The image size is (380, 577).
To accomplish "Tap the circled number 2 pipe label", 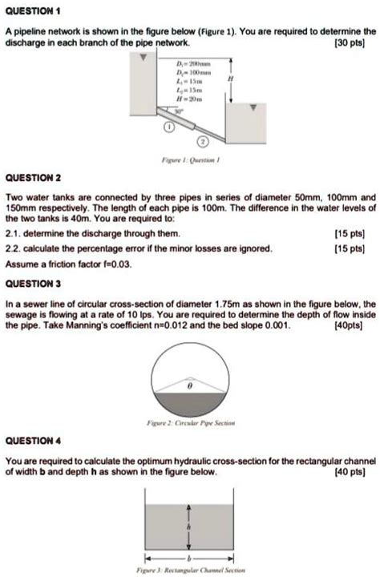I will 203,142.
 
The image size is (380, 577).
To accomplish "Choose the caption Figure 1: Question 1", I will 190,159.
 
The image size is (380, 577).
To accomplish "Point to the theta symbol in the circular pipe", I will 190,385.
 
